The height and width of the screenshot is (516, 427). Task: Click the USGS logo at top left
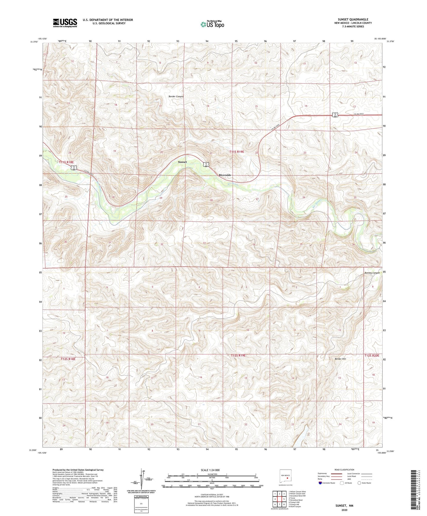(65, 23)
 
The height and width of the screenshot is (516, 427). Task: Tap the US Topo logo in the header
(212, 24)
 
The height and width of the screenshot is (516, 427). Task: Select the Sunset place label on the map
(182, 162)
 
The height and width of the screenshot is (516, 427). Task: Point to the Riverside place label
(225, 175)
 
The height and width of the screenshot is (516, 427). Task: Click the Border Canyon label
(176, 97)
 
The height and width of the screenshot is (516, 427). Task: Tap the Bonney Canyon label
(372, 273)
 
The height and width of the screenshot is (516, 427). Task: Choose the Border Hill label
(340, 359)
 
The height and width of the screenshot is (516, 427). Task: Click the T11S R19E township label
(237, 152)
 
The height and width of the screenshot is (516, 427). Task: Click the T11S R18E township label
(66, 162)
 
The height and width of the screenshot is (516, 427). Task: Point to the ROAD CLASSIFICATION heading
(344, 470)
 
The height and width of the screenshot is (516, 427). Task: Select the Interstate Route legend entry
(327, 483)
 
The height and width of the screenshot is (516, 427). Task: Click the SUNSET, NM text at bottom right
(344, 506)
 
